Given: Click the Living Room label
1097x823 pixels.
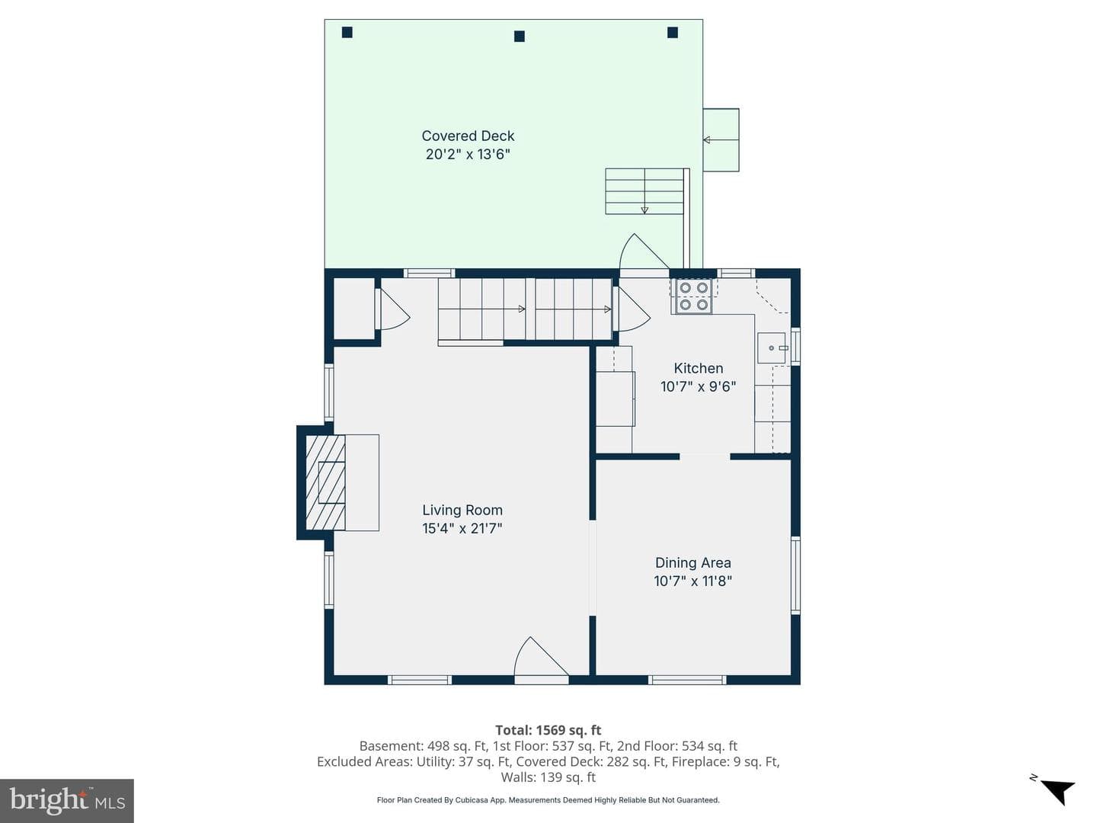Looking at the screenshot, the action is click(462, 511).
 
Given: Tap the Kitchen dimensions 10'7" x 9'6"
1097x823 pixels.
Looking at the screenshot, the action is click(698, 386).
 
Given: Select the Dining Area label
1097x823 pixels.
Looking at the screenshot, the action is click(692, 562).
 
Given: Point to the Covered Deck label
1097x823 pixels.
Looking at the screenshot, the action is click(468, 136).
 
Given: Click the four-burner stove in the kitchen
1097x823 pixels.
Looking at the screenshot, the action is click(694, 296).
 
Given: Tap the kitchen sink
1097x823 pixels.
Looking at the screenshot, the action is click(772, 347).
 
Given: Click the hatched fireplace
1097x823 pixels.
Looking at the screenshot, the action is click(325, 482).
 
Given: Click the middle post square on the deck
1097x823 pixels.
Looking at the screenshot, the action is click(520, 36).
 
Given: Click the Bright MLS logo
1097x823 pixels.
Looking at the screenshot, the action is click(67, 800).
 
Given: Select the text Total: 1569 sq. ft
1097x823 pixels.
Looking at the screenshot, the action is click(548, 730).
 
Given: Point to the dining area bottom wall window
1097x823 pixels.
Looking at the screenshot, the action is click(687, 680).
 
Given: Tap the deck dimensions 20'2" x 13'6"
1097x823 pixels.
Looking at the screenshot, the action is click(468, 154).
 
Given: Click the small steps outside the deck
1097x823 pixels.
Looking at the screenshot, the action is click(721, 140).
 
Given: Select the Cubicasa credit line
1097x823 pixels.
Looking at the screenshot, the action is click(548, 800).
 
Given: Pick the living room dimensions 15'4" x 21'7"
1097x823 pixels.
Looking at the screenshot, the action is click(462, 528).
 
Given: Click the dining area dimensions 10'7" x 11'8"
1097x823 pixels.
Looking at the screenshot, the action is click(692, 581).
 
